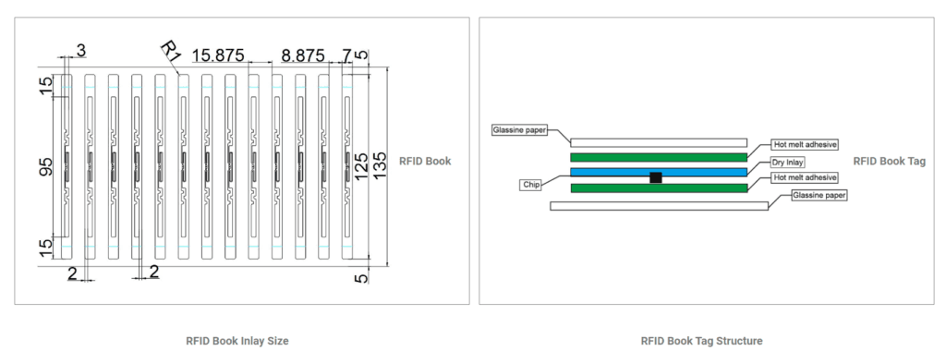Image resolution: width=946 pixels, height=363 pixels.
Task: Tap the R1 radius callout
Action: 170,51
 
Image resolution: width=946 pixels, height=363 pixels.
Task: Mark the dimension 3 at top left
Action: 81,48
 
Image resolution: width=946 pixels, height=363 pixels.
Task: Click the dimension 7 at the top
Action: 346,54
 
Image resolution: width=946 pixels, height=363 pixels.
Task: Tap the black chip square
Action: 656,177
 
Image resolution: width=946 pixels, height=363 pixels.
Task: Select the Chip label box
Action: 530,185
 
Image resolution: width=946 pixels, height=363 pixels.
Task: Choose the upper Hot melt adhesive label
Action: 806,145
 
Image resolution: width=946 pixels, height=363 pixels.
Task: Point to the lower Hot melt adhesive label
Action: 806,176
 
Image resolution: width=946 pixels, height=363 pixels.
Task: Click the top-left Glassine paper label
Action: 520,130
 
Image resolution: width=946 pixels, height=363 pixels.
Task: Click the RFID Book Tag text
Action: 889,161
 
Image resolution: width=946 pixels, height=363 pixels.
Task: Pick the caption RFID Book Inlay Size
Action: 237,341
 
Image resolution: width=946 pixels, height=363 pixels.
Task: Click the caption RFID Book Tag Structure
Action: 701,341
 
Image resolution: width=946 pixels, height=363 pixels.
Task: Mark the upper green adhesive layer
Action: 659,157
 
